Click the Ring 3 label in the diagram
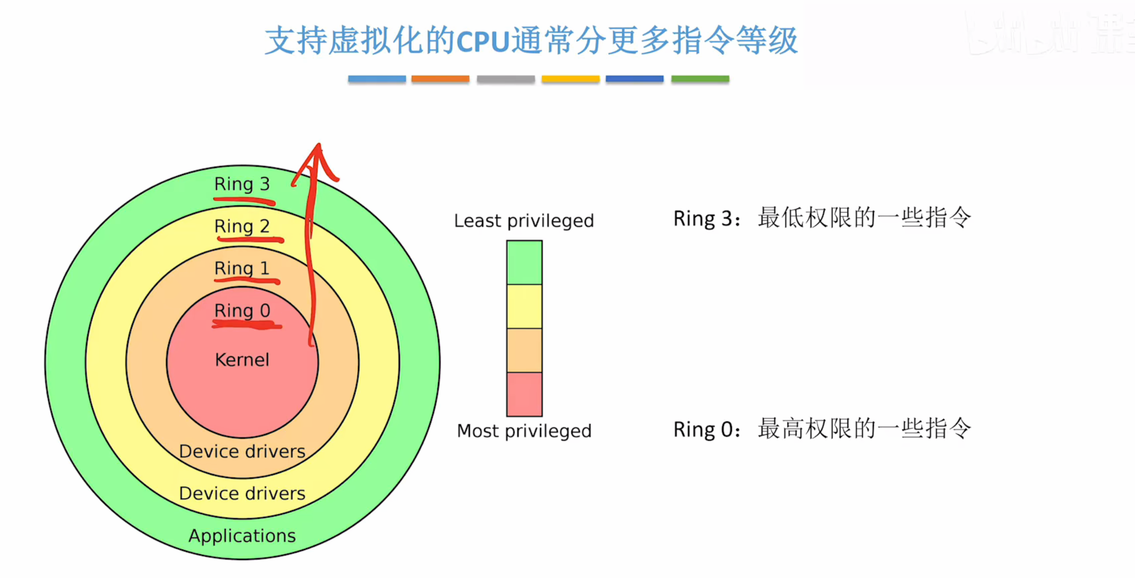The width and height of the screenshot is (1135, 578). pos(242,184)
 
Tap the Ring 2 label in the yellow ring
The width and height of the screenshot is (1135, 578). pos(242,226)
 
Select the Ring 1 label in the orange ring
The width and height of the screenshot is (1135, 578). pos(242,268)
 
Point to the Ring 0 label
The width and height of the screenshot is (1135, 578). pos(242,310)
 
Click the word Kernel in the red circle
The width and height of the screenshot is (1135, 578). pos(242,360)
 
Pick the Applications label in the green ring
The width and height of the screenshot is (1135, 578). pos(242,536)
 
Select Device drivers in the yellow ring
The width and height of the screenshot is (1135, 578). pos(242,493)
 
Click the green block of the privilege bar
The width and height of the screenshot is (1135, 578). pos(524,262)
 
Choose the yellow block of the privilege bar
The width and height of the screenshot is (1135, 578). pos(524,306)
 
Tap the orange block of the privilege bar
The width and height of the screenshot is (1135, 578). pos(524,350)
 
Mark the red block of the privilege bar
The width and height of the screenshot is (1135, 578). pos(524,394)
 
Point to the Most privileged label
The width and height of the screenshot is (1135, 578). pos(524,431)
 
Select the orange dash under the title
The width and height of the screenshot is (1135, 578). pos(440,79)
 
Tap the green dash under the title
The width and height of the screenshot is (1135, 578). pos(700,79)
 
